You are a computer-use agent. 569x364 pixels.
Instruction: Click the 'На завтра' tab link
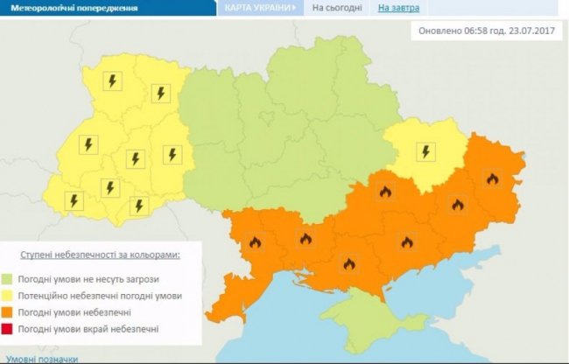397,8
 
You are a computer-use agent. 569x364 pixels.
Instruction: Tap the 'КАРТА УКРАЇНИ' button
258,8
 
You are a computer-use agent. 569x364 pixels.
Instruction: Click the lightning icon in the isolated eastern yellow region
425,151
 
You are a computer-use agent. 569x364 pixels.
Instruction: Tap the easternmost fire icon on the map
492,179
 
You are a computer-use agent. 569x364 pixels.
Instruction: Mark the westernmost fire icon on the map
256,243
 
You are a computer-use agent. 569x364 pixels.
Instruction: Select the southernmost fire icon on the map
348,263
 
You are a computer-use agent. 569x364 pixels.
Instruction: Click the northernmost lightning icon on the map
112,81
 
